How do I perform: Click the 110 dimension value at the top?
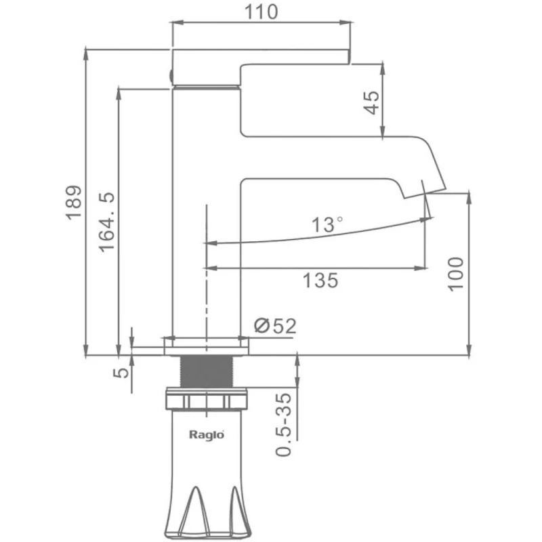pos(261,12)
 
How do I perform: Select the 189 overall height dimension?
pos(74,203)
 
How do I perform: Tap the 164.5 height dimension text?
pos(106,222)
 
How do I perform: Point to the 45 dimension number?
pos(371,102)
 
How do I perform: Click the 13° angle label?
pos(327,225)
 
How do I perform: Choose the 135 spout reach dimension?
pos(320,280)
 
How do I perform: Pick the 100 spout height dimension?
pos(455,274)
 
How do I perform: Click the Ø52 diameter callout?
pos(275,326)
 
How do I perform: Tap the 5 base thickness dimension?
pos(121,372)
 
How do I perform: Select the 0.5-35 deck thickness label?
pos(283,425)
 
